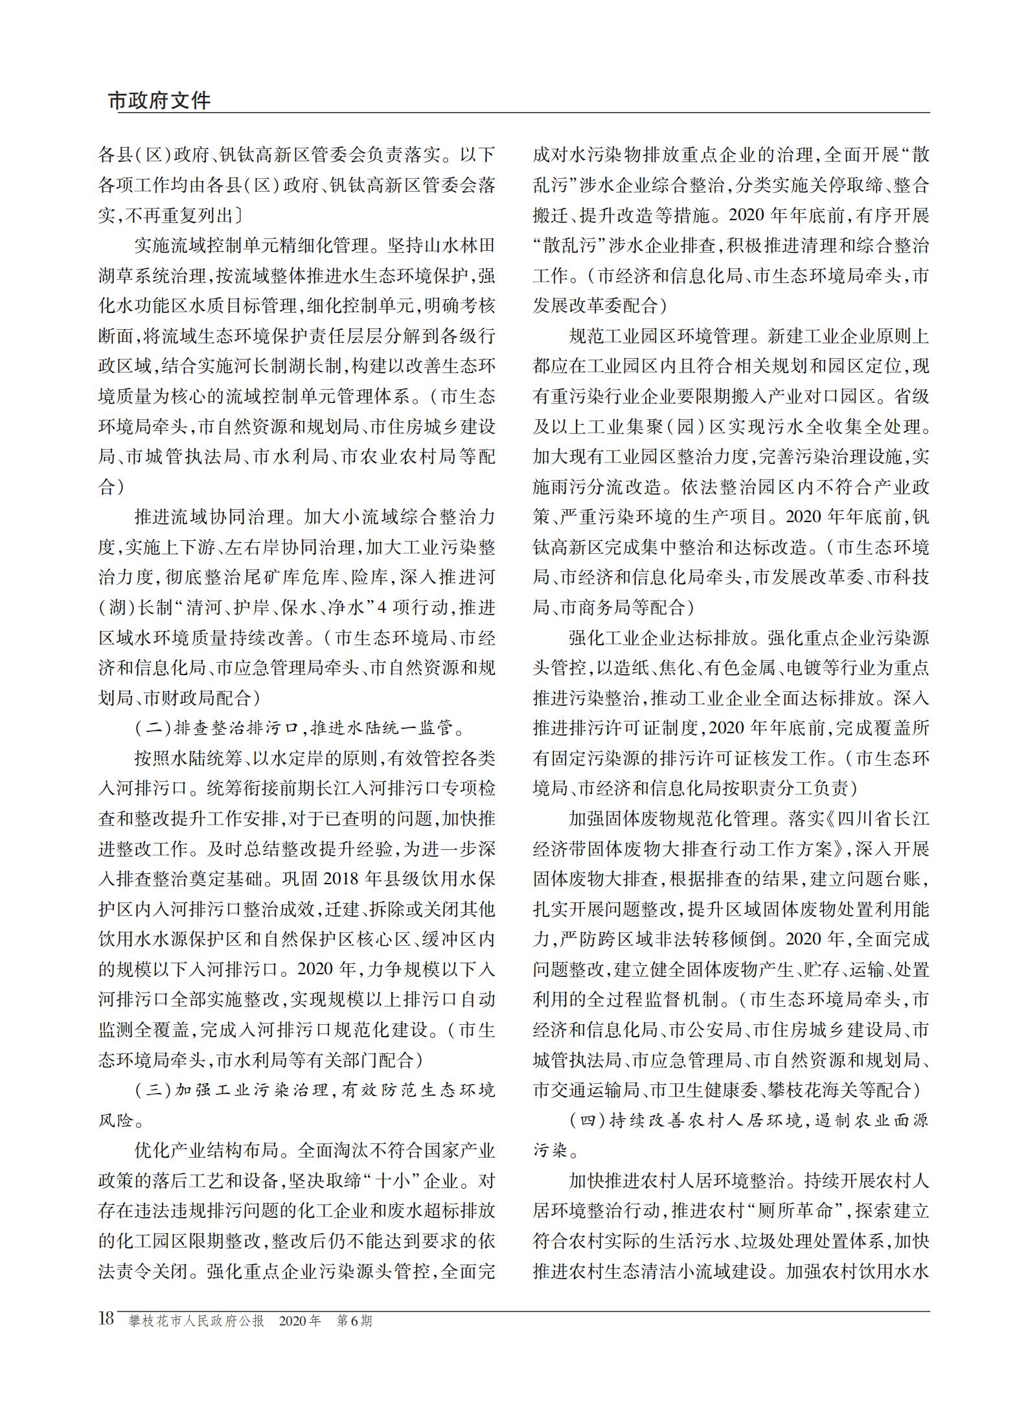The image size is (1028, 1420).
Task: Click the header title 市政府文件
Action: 159,101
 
